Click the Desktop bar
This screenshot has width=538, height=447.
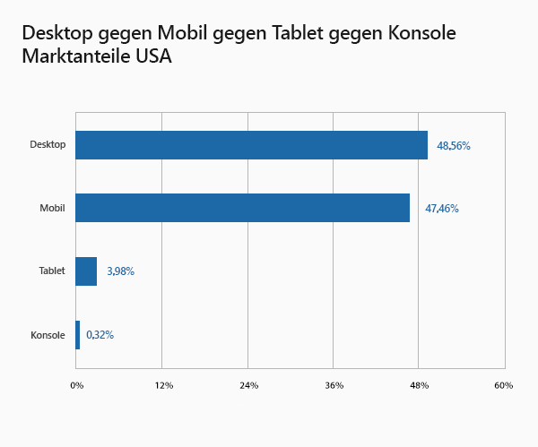(251, 145)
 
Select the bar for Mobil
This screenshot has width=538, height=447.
(242, 208)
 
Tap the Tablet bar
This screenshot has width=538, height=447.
(86, 271)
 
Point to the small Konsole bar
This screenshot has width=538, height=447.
(78, 335)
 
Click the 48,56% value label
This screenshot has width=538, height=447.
(454, 145)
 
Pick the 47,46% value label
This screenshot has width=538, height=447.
(442, 209)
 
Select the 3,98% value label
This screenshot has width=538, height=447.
(120, 271)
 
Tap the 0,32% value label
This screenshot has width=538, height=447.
(100, 335)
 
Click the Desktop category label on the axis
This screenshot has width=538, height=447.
(48, 145)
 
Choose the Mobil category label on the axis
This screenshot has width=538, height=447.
(52, 209)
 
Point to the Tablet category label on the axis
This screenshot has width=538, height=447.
(52, 271)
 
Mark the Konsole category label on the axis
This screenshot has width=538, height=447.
(48, 335)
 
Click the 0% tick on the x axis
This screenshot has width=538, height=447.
(76, 385)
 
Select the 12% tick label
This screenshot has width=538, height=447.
(163, 385)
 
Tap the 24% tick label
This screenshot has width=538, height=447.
(248, 385)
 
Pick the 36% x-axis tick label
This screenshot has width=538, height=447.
(334, 385)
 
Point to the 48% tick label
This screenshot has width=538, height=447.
(419, 385)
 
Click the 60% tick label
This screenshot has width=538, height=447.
(503, 385)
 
